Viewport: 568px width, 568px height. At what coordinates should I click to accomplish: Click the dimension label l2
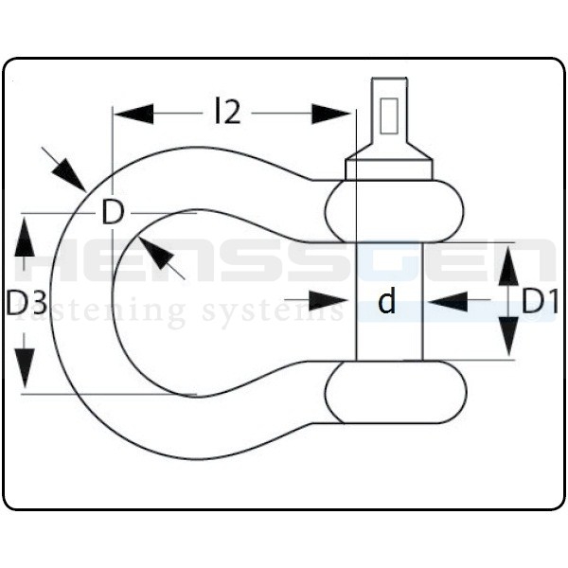[x=228, y=113]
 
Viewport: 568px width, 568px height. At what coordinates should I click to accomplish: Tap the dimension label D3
[x=27, y=304]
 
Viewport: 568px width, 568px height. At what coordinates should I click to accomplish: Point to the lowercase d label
[x=386, y=302]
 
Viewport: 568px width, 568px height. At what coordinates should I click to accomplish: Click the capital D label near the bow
[x=113, y=213]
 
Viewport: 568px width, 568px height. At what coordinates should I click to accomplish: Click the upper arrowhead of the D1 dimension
[x=508, y=265]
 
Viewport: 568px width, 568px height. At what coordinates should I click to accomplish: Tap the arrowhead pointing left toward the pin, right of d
[x=447, y=302]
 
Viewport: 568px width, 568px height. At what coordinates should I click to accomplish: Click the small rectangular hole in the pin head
[x=389, y=114]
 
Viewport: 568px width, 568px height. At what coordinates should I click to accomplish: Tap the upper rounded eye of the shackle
[x=395, y=212]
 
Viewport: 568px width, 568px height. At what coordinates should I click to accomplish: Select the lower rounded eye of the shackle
[x=395, y=393]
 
